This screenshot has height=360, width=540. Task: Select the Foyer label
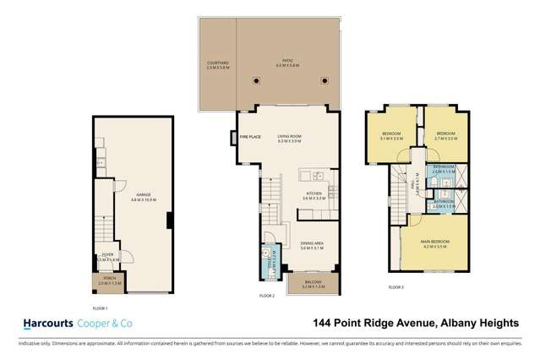pos(107,255)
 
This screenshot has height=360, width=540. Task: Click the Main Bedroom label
pos(436,243)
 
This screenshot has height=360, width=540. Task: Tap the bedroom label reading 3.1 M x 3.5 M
pos(390,135)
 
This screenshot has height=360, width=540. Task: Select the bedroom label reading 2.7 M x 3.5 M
pos(445,135)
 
